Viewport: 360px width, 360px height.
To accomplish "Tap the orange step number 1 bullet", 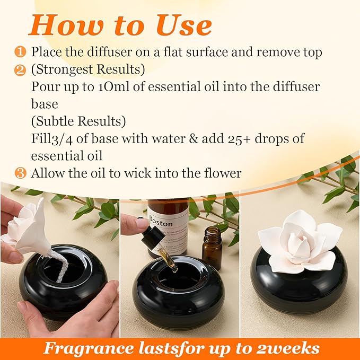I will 20,52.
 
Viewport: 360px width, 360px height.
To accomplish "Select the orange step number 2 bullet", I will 20,69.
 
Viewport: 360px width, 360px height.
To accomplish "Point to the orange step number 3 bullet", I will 20,173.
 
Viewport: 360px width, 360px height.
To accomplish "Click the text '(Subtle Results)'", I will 78,121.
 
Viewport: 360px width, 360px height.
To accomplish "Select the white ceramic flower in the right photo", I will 299,239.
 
